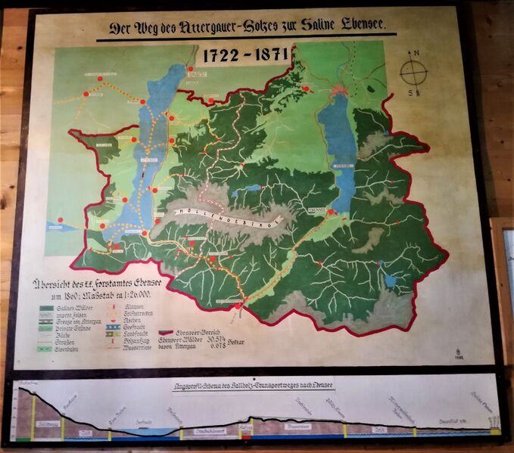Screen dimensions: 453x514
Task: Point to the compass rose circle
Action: click(x=413, y=73)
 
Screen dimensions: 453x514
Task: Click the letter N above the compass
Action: click(x=413, y=54)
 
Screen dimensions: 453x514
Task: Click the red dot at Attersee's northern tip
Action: click(x=191, y=70)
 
